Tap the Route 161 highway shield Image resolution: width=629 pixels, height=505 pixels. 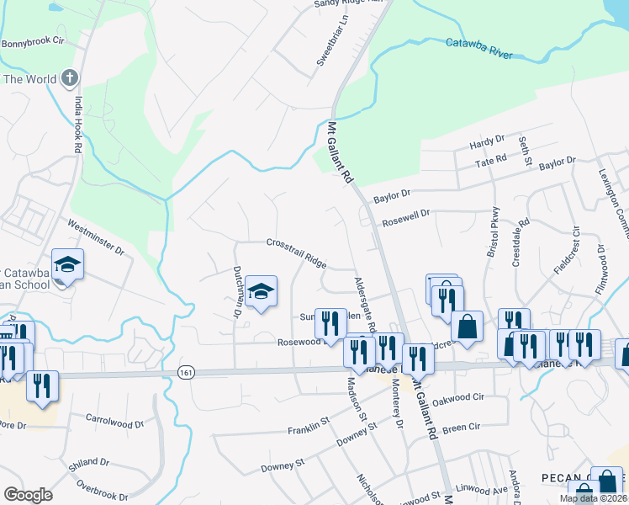pos(184,371)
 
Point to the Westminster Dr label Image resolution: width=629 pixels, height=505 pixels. pos(95,238)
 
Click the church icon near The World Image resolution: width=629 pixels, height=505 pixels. pos(70,79)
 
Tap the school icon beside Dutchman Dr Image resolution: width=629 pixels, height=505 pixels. pos(262,291)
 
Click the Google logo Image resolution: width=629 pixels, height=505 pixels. pos(28,494)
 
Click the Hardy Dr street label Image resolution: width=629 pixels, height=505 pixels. pos(487,142)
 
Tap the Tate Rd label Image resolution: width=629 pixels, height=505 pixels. pos(489,158)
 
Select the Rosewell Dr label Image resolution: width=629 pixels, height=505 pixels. pos(406,218)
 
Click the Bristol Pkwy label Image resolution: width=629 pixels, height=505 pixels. pos(493,231)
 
